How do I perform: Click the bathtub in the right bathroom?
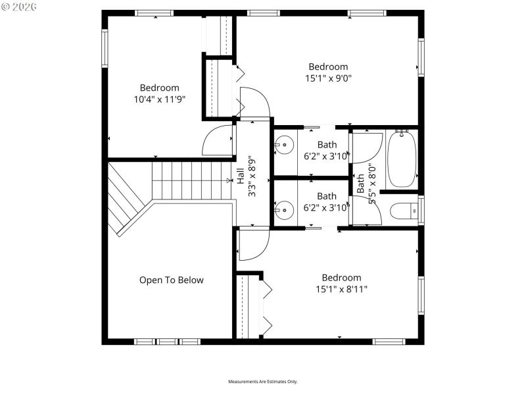pyautogui.click(x=402, y=159)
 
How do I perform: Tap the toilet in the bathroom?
pyautogui.click(x=403, y=211)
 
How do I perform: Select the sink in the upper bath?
pyautogui.click(x=285, y=144)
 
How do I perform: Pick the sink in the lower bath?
pyautogui.click(x=285, y=211)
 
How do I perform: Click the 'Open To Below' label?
pyautogui.click(x=171, y=280)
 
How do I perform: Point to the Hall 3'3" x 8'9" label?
pyautogui.click(x=245, y=177)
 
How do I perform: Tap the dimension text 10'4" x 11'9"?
pyautogui.click(x=158, y=100)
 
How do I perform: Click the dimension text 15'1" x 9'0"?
pyautogui.click(x=328, y=78)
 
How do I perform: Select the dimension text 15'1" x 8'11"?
pyautogui.click(x=341, y=289)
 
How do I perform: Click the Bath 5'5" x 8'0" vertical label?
pyautogui.click(x=366, y=184)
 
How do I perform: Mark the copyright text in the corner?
pyautogui.click(x=19, y=7)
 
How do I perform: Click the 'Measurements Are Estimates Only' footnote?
pyautogui.click(x=262, y=382)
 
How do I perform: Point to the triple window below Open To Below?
pyautogui.click(x=167, y=342)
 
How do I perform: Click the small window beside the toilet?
pyautogui.click(x=421, y=210)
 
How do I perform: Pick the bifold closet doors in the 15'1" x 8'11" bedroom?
pyautogui.click(x=267, y=306)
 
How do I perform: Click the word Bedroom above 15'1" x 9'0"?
pyautogui.click(x=328, y=66)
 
